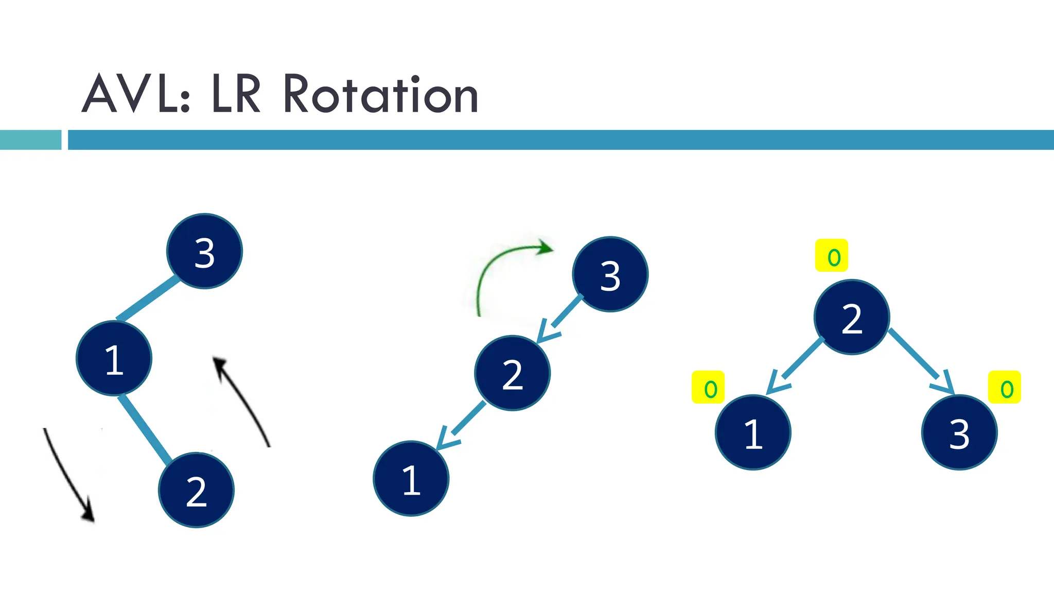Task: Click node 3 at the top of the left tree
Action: point(204,251)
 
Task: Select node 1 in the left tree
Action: point(114,358)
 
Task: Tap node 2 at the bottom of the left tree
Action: point(196,490)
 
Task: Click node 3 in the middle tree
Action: point(610,274)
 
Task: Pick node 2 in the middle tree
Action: point(512,373)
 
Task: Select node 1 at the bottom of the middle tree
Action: point(411,479)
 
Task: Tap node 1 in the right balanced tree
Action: point(753,432)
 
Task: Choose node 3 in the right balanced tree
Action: point(959,432)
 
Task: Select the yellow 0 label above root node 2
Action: point(832,256)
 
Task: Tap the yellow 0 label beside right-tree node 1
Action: point(708,388)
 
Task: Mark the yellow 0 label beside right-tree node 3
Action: point(1005,388)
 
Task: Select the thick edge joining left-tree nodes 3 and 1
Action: point(147,299)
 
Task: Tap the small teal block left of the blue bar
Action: point(30,139)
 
